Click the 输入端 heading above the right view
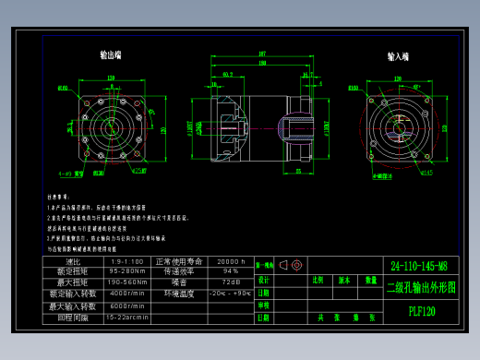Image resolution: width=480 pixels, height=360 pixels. [x=399, y=56]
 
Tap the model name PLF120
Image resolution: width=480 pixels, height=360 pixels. [x=422, y=311]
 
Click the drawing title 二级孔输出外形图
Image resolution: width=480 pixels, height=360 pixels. [x=421, y=287]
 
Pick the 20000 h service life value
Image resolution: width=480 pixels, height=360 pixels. [x=231, y=261]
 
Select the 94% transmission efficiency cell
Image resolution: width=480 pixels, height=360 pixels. [x=231, y=271]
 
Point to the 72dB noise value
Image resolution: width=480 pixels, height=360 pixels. [x=231, y=282]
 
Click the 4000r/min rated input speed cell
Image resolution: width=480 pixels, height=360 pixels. [x=127, y=293]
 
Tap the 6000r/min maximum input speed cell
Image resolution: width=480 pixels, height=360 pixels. [x=127, y=306]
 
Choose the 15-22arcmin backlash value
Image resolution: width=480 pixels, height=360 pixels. [x=127, y=317]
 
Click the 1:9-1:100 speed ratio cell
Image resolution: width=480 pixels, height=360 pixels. [x=127, y=261]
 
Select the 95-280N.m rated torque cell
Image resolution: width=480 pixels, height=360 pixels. [x=127, y=271]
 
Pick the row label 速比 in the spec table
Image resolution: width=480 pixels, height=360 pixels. [x=74, y=261]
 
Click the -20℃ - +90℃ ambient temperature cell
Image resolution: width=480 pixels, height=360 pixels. [x=231, y=293]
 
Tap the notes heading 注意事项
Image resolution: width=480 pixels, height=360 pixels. [x=58, y=197]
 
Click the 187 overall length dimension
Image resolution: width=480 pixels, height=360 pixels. [x=262, y=54]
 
